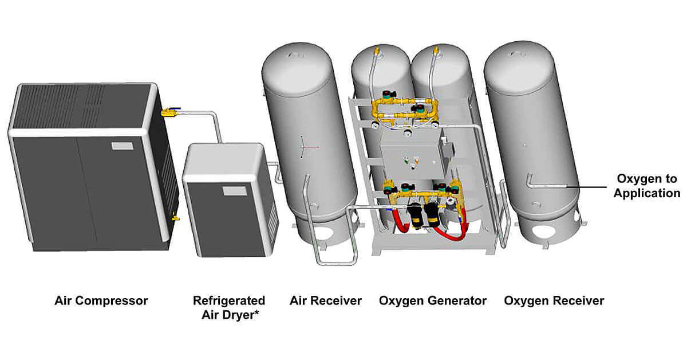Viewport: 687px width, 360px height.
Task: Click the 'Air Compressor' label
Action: click(x=101, y=300)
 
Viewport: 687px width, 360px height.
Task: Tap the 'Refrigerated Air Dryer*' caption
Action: click(x=228, y=307)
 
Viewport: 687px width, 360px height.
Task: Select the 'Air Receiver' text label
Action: click(x=326, y=300)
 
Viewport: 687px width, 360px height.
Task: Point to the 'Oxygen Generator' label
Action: click(x=433, y=300)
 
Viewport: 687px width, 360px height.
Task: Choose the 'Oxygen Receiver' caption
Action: click(x=554, y=300)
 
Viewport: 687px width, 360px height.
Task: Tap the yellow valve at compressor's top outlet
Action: click(x=169, y=112)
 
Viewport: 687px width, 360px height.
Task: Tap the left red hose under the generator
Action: click(x=400, y=224)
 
